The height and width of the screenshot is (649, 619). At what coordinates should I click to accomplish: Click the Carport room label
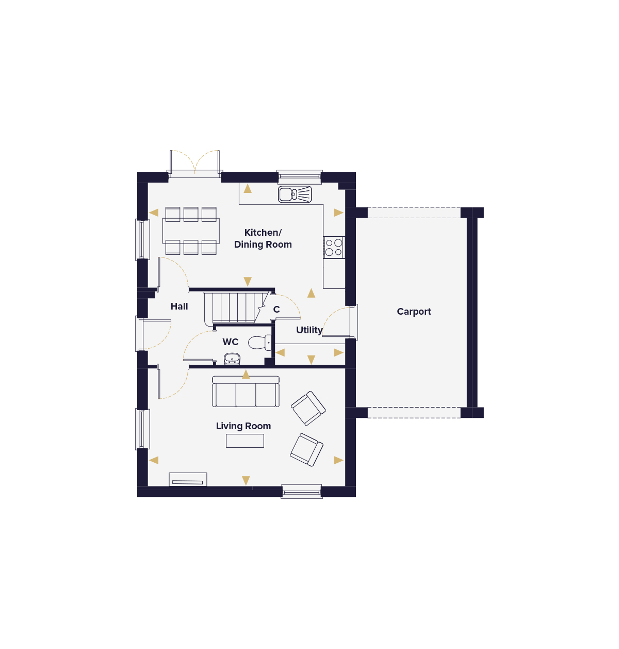click(414, 312)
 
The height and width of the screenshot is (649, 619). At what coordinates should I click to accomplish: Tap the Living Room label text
click(243, 426)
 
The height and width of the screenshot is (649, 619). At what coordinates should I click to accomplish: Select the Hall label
click(180, 306)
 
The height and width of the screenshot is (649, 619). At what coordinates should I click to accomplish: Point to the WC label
click(231, 342)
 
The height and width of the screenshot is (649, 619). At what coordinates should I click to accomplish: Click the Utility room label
click(309, 330)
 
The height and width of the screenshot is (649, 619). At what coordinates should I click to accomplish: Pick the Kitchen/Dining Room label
click(263, 238)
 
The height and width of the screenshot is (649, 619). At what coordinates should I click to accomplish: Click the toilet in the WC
click(260, 343)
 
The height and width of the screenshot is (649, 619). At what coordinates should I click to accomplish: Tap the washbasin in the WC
click(232, 359)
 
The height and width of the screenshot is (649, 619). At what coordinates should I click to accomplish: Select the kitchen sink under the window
click(295, 194)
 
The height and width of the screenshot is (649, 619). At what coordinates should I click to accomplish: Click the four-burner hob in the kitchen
click(334, 247)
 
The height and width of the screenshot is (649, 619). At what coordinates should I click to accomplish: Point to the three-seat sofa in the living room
click(246, 392)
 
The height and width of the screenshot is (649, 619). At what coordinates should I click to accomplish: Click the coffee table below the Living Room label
click(245, 441)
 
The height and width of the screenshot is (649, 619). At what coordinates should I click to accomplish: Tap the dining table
click(191, 231)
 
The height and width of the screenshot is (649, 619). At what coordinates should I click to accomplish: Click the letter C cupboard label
click(276, 310)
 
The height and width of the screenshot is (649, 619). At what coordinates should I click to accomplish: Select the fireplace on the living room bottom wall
click(188, 479)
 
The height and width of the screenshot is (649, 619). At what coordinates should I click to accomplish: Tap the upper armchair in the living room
click(308, 409)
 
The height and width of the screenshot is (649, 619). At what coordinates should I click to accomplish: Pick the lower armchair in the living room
click(307, 450)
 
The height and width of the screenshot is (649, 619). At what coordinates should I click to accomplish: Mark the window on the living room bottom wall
click(302, 492)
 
